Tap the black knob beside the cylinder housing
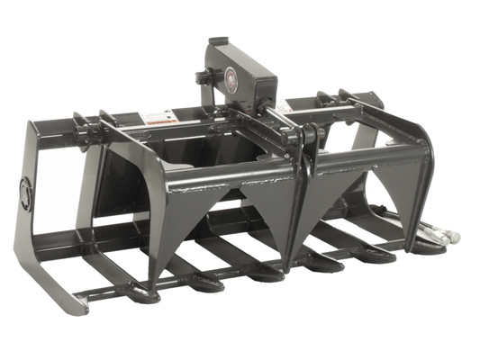click(204, 77)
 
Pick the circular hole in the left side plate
click(25, 191)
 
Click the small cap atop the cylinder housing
click(216, 41)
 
